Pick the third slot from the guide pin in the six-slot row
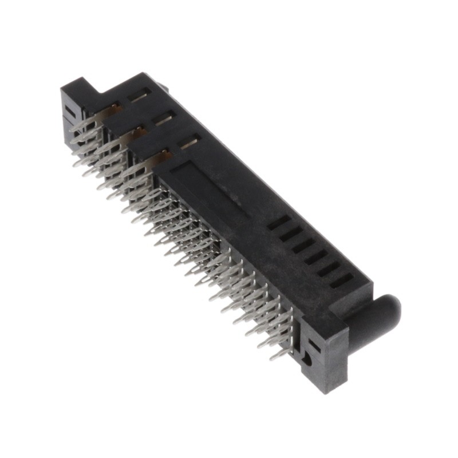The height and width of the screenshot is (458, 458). (x=315, y=257)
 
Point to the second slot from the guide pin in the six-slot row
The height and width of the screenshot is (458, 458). (x=328, y=269)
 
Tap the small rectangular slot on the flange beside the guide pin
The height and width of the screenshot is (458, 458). (x=313, y=344)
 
